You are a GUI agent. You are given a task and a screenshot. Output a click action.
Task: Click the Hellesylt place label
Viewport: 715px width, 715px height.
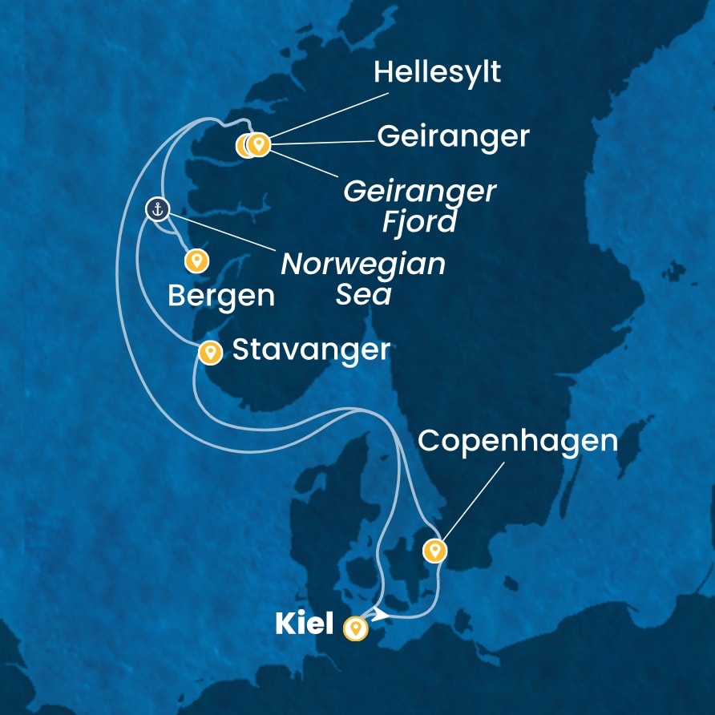[437, 73]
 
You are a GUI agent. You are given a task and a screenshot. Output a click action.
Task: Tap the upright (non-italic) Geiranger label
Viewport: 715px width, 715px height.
[453, 136]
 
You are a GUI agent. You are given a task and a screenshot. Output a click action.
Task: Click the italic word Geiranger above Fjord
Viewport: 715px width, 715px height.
[419, 192]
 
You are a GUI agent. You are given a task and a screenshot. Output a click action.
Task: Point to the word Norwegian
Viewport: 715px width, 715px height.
[362, 264]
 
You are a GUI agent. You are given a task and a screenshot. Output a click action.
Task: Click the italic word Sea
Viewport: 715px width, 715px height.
[363, 294]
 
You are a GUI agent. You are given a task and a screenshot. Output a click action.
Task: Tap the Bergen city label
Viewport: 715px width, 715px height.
[220, 296]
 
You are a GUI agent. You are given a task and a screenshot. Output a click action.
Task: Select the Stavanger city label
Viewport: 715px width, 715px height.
[310, 349]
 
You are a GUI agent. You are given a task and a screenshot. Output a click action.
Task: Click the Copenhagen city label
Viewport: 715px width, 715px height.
[518, 441]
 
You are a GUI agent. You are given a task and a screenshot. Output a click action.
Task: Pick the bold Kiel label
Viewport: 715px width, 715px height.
[304, 624]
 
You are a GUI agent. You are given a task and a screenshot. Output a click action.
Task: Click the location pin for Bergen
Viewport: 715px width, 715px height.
[196, 261]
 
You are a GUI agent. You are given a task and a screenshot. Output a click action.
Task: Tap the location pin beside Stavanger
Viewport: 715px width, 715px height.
[210, 352]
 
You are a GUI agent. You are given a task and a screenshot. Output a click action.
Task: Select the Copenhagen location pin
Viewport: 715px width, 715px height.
[434, 550]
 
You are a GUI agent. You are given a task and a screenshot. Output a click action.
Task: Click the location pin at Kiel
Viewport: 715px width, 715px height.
[355, 628]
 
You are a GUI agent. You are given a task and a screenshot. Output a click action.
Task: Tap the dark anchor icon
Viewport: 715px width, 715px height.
[158, 210]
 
